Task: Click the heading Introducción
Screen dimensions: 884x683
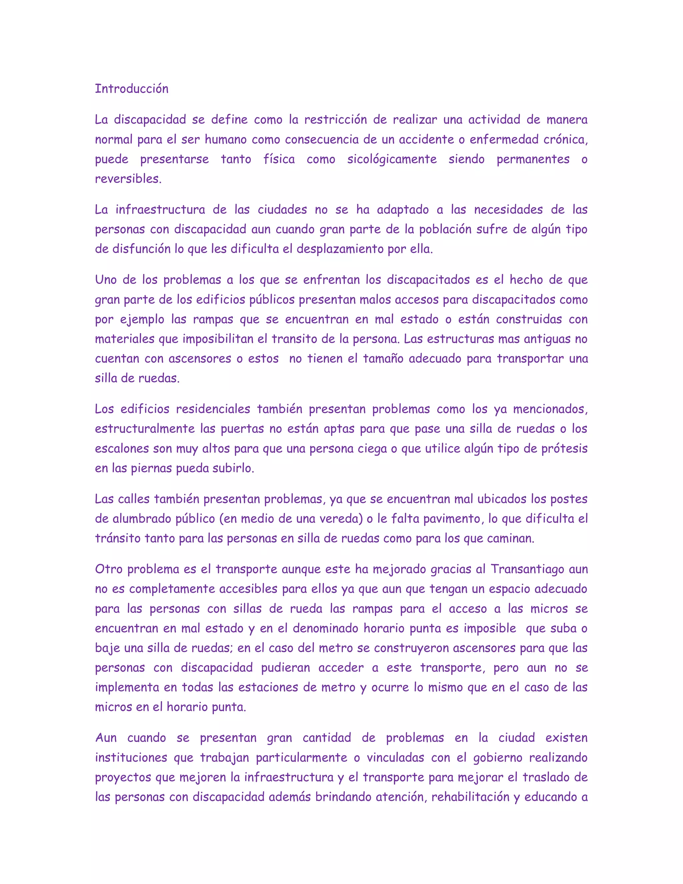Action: point(131,89)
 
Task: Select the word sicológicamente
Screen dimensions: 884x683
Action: point(392,159)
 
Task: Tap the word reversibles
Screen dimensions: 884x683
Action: point(128,179)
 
